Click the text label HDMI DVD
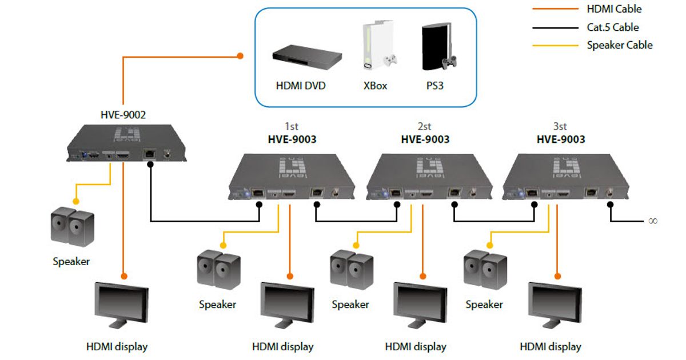300,86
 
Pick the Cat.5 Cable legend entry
612,27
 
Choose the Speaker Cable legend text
619,45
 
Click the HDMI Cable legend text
614,9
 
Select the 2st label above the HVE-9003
424,126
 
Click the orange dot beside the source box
241,56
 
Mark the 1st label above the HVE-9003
292,126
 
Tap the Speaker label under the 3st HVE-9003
484,305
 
